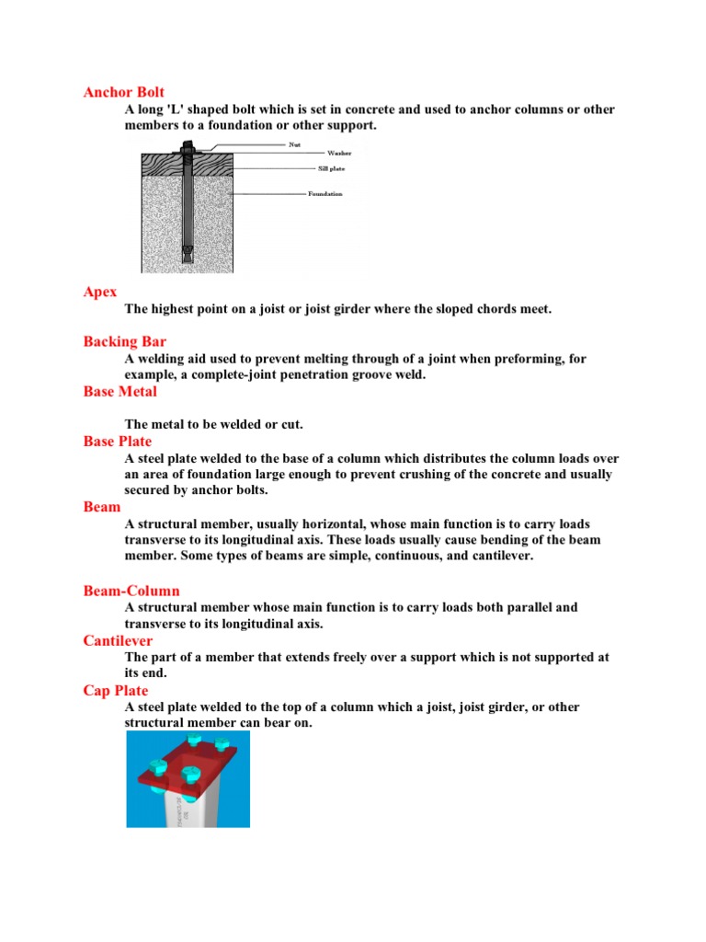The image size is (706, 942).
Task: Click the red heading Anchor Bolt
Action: (124, 92)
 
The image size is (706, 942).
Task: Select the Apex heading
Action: (100, 292)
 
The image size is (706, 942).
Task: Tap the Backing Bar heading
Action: (124, 342)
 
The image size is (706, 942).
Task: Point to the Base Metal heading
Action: (120, 392)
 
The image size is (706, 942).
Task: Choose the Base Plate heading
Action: (117, 442)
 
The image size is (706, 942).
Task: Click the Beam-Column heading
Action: (131, 591)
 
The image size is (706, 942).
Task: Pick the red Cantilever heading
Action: (118, 640)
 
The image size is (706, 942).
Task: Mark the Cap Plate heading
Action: (115, 690)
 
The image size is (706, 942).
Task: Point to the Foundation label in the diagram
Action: (325, 194)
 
